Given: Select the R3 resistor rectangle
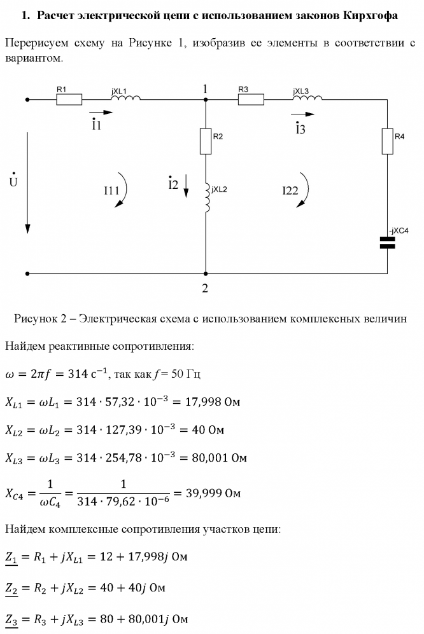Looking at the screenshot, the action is tap(251, 99).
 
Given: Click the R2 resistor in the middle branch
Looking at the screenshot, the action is tap(205, 141).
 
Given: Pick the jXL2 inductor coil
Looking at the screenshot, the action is tap(206, 199).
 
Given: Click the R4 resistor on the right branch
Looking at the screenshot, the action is tap(387, 141).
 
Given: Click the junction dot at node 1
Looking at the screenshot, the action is tap(205, 100).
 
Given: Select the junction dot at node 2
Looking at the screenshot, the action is tap(205, 274).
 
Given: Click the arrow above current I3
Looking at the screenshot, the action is tap(302, 114).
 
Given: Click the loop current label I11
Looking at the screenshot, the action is tap(112, 190).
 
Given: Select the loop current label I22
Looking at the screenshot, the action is tap(290, 190).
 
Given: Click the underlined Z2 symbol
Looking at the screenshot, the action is tap(11, 588).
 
